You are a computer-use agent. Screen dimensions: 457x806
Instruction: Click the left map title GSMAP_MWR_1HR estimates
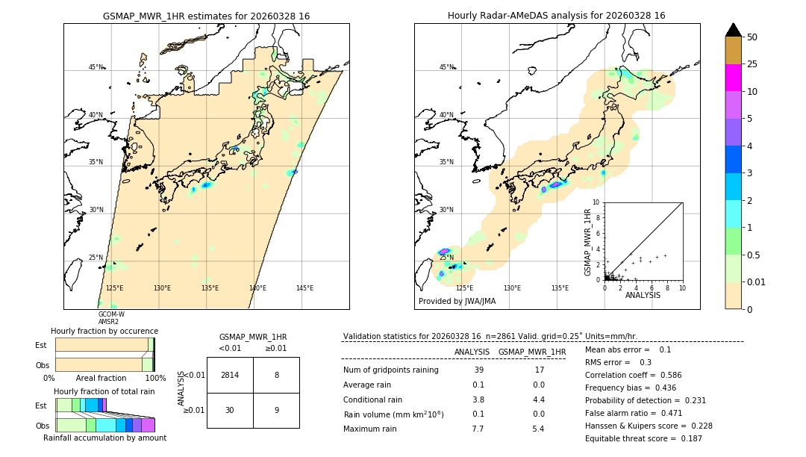coord(206,16)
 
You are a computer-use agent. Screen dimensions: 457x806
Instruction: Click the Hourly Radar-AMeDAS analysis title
coord(557,16)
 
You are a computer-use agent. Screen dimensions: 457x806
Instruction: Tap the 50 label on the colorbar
coord(752,37)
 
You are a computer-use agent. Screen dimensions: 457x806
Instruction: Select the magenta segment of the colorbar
coord(734,78)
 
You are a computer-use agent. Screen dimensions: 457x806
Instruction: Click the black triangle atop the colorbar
coord(734,30)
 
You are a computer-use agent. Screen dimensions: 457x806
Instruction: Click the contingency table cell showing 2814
coord(230,375)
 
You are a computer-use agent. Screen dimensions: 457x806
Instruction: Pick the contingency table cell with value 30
coord(230,410)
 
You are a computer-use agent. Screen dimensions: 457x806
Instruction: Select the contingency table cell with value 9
coord(276,410)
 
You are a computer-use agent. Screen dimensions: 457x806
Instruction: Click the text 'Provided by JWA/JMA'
coord(457,301)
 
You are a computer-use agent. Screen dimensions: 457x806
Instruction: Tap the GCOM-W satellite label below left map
coord(111,314)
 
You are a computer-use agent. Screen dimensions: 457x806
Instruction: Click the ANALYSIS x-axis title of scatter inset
coord(643,296)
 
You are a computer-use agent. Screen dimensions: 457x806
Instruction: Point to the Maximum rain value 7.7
coord(478,429)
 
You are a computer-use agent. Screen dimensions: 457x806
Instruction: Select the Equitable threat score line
coord(643,438)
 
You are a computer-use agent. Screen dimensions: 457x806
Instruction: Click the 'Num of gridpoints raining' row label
coord(390,370)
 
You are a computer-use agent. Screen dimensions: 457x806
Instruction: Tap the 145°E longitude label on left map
coord(304,288)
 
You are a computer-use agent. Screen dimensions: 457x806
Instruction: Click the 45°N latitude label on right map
coord(446,67)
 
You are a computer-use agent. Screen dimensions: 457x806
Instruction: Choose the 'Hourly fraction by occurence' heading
coord(104,331)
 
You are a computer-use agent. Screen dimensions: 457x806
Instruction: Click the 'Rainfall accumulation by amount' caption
coord(104,438)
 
